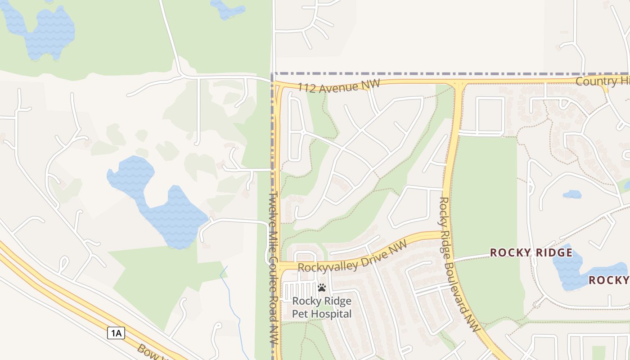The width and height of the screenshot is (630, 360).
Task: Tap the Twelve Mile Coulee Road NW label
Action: pyautogui.click(x=273, y=269)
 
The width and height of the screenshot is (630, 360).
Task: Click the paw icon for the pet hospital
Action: pyautogui.click(x=322, y=287)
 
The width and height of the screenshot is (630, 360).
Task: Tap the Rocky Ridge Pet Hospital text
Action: pyautogui.click(x=322, y=307)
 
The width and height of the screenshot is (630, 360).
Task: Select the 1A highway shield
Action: pyautogui.click(x=116, y=333)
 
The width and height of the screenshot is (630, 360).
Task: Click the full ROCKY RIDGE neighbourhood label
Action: pyautogui.click(x=531, y=252)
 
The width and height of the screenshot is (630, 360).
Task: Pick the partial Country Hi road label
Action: pyautogui.click(x=602, y=81)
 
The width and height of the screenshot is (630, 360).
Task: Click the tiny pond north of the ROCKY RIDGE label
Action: pyautogui.click(x=572, y=194)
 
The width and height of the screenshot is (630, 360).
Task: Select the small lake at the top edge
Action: pyautogui.click(x=228, y=9)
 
